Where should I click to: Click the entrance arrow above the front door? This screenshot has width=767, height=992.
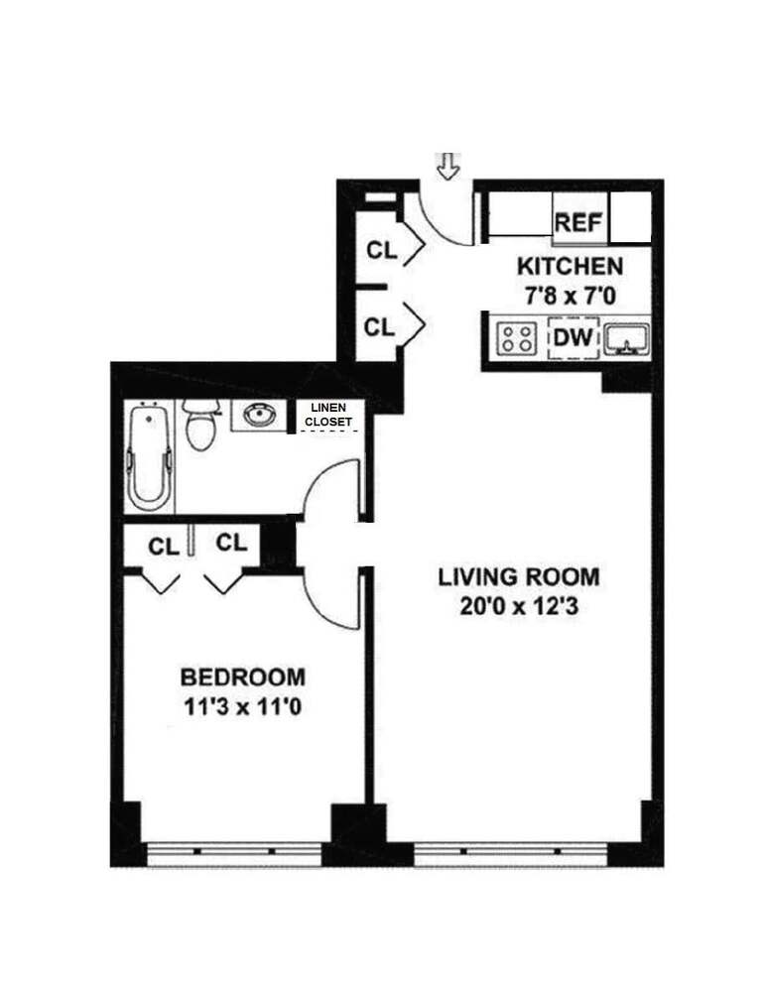click(x=448, y=167)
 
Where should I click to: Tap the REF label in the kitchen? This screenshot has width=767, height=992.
click(x=578, y=223)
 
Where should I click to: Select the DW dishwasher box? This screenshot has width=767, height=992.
click(x=574, y=337)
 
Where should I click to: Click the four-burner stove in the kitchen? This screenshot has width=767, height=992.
click(x=517, y=338)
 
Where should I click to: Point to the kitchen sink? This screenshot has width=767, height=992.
click(x=626, y=338)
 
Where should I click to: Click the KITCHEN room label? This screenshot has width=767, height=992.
click(x=571, y=266)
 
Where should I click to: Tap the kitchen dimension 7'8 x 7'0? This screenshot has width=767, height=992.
click(x=571, y=296)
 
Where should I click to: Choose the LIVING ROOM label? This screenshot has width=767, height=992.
click(x=519, y=577)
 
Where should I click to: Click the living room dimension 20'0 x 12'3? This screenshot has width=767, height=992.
click(x=519, y=607)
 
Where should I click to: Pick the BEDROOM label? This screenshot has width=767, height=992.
click(x=243, y=677)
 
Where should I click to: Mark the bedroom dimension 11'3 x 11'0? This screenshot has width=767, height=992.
click(x=243, y=706)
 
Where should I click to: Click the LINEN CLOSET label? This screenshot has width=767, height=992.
click(x=328, y=416)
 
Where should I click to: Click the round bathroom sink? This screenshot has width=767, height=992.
click(x=259, y=415)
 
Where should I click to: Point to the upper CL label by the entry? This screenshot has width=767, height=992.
click(x=382, y=251)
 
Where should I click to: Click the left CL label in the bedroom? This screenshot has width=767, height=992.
click(x=164, y=546)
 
